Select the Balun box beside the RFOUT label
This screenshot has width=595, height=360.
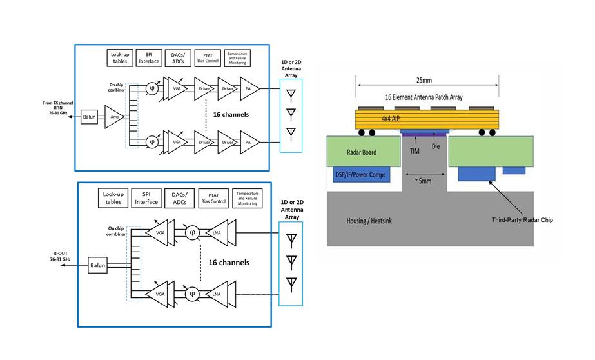97,265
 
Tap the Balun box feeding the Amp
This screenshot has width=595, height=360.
89,118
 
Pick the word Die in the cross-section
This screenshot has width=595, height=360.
436,145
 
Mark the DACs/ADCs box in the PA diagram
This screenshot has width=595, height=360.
179,57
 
